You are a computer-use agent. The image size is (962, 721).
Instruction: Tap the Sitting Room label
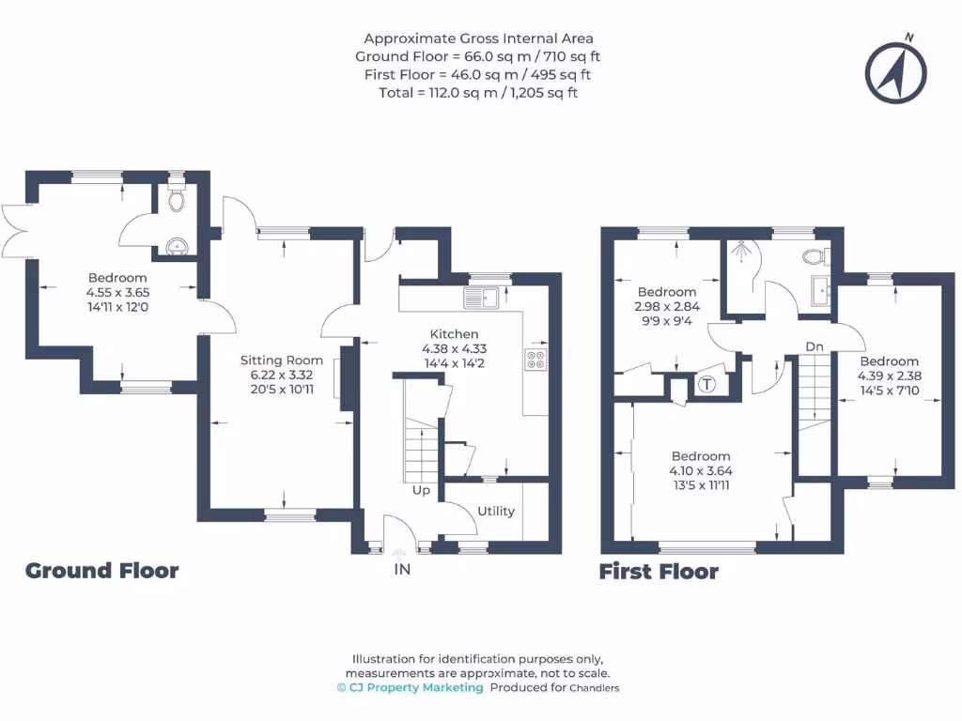click(x=281, y=360)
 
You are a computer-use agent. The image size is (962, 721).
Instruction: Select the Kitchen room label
click(x=454, y=334)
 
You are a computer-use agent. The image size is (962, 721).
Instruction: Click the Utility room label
click(x=496, y=512)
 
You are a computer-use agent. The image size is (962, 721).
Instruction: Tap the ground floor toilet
click(x=175, y=200)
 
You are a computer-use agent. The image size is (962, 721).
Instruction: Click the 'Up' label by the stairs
click(x=421, y=490)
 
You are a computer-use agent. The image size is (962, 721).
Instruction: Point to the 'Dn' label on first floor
click(x=815, y=347)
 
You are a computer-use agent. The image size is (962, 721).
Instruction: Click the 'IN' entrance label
click(x=402, y=569)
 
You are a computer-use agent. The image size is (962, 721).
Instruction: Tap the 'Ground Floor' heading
click(x=101, y=571)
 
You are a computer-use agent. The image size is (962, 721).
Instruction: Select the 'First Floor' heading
click(x=659, y=572)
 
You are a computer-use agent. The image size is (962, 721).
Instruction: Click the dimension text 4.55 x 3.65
click(x=117, y=292)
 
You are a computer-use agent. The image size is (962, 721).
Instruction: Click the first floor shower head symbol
click(x=742, y=250)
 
